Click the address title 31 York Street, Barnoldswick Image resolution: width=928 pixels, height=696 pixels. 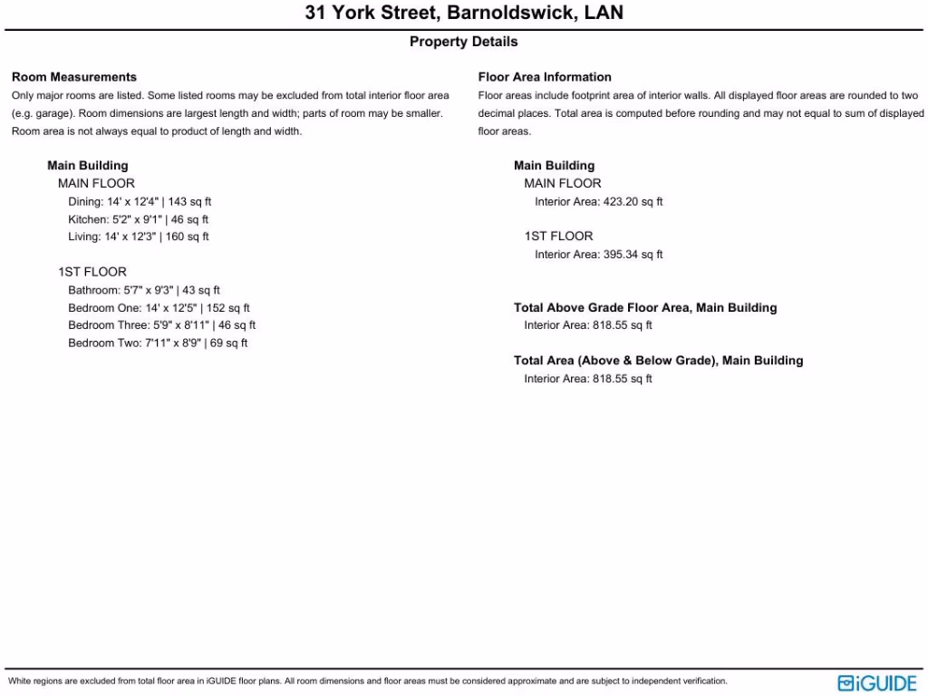[464, 14]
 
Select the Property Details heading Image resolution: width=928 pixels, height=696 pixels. [464, 42]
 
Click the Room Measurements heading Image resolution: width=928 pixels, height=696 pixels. [74, 77]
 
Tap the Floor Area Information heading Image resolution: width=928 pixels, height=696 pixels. [545, 77]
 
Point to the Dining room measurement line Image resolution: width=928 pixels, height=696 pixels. [140, 201]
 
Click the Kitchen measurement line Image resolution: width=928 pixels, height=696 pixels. [139, 219]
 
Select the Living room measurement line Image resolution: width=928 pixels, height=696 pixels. [139, 237]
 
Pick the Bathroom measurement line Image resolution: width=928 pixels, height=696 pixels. [144, 290]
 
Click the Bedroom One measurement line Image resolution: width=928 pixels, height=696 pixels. [159, 308]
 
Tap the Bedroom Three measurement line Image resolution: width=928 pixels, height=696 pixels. [161, 325]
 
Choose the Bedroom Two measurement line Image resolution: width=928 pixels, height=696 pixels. [158, 343]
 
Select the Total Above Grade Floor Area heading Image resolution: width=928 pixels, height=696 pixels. [645, 308]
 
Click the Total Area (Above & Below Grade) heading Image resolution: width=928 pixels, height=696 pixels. [658, 361]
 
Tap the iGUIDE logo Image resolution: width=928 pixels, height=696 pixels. [877, 683]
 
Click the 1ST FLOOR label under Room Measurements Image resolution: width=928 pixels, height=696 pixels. [92, 272]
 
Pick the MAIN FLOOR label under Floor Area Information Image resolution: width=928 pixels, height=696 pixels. [563, 184]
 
